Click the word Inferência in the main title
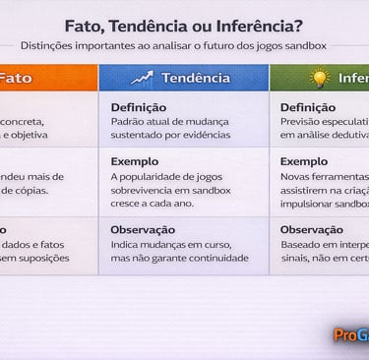click(x=260, y=26)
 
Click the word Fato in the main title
click(x=85, y=26)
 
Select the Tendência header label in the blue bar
click(x=196, y=78)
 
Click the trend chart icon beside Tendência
click(x=143, y=78)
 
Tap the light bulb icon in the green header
click(x=319, y=78)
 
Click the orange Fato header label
click(x=14, y=78)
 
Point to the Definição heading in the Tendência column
click(x=138, y=107)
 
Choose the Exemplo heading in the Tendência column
click(x=134, y=161)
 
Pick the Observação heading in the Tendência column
click(x=143, y=229)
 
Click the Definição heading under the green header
click(x=307, y=107)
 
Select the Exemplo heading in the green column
click(x=303, y=161)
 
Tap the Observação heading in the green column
click(x=312, y=229)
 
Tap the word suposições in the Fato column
click(x=42, y=258)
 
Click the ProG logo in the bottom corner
click(x=350, y=335)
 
